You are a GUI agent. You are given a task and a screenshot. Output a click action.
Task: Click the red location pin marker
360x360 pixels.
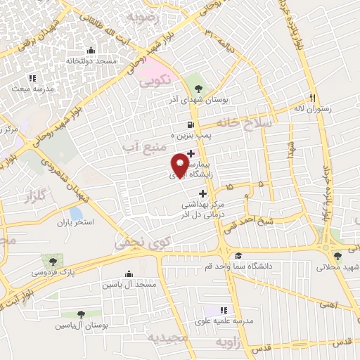tap(179, 165)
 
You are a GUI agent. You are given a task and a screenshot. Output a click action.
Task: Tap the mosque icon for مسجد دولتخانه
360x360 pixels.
tap(91, 50)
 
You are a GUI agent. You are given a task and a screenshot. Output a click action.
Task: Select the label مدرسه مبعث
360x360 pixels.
tap(31, 89)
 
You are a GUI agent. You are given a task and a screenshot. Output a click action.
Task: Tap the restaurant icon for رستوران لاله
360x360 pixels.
tap(313, 98)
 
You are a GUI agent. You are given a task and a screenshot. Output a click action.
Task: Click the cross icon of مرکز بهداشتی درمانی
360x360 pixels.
tap(204, 194)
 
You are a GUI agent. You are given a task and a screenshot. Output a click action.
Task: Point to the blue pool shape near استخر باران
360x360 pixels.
tap(75, 213)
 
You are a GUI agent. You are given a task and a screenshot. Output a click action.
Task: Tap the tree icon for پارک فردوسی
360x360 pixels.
tap(49, 260)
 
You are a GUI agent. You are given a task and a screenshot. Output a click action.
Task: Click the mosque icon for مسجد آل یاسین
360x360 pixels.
tap(128, 274)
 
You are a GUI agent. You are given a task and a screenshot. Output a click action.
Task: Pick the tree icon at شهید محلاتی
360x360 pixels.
tap(338, 257)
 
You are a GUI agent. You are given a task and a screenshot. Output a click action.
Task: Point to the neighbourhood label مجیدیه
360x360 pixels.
tap(167, 338)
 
